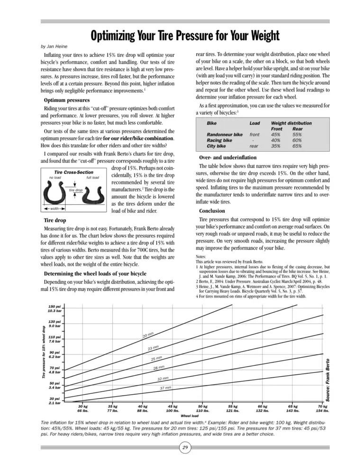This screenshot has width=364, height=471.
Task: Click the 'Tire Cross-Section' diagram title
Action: click(x=74, y=172)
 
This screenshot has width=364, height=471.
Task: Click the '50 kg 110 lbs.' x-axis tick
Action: click(x=203, y=409)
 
